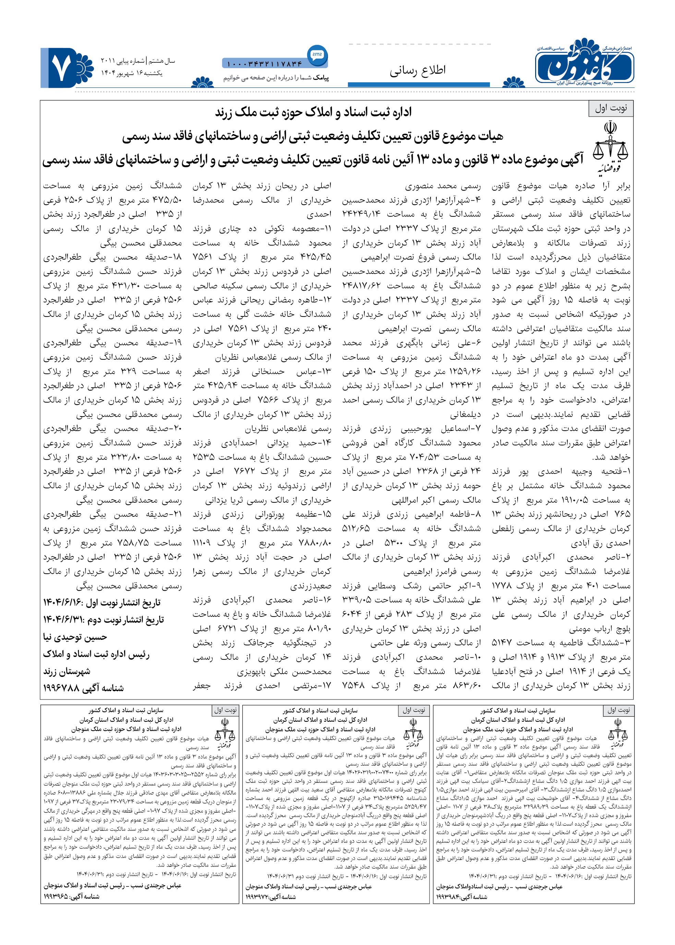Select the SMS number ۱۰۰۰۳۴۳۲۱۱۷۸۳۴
(264, 64)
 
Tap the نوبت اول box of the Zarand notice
(611, 108)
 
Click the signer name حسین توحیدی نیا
(75, 637)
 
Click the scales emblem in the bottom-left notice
(225, 736)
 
